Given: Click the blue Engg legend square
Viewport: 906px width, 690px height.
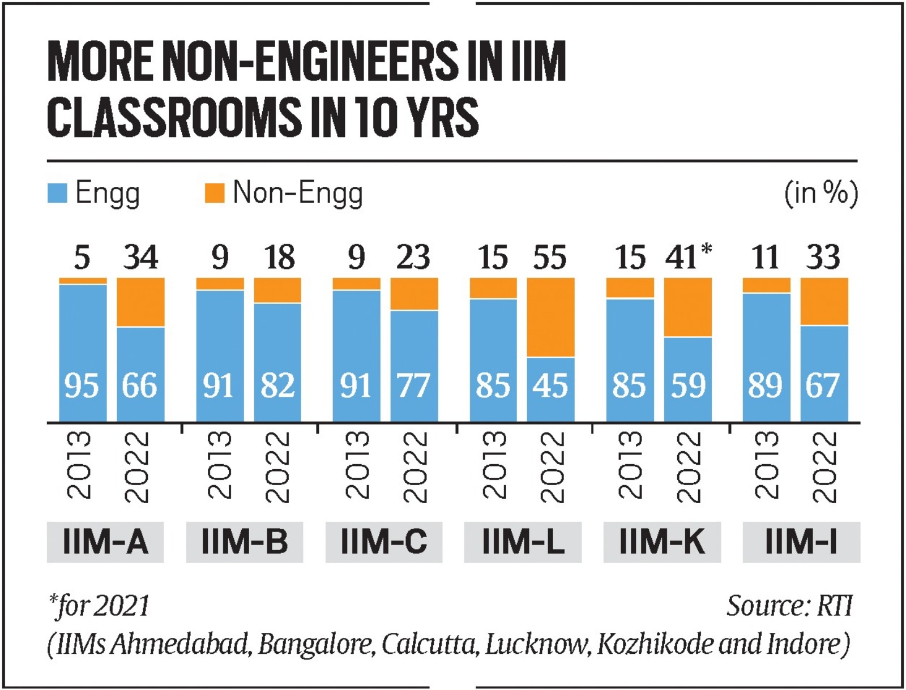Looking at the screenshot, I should point(57,193).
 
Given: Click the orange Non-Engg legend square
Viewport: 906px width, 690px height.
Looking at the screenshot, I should point(214,193).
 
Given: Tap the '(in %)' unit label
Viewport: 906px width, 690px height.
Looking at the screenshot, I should point(820,193).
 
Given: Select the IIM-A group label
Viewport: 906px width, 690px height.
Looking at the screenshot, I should point(105,542).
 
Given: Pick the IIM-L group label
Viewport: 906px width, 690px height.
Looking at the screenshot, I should point(523,542).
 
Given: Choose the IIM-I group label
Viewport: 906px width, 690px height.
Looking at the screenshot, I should point(801,542).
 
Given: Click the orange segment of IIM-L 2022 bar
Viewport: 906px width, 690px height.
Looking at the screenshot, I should point(550,317).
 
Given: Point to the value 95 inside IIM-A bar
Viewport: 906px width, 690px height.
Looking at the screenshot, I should point(82,386).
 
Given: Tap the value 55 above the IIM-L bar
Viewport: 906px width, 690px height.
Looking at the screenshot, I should point(549,258).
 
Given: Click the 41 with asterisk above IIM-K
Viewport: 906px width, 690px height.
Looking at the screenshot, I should point(687,257).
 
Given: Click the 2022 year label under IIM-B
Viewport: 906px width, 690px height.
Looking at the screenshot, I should point(277,467).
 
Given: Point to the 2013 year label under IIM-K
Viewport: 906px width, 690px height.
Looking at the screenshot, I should point(630,465).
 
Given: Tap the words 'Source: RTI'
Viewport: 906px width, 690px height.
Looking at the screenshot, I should point(789,606).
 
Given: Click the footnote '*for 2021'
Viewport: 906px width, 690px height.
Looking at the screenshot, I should point(99,606).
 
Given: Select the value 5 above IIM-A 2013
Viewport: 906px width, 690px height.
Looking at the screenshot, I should point(82,258).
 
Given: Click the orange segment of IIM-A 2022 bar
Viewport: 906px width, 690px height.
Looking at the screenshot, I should point(140,302).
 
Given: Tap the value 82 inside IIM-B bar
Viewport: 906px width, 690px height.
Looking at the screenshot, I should point(277,386).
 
